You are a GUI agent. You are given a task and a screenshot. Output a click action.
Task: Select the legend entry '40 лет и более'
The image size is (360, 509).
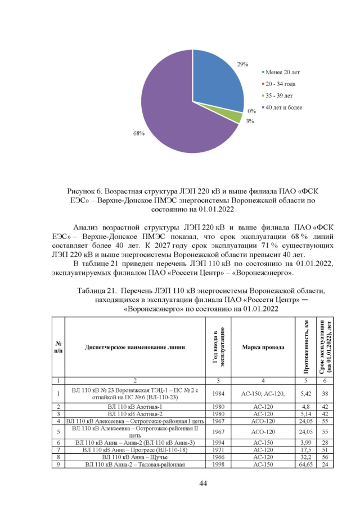click(287, 107)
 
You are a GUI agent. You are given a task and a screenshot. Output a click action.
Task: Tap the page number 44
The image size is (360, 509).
click(180, 483)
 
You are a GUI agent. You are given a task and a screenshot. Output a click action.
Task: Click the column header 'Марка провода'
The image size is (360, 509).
click(263, 347)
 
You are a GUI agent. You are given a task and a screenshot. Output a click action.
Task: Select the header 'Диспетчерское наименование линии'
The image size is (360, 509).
click(134, 347)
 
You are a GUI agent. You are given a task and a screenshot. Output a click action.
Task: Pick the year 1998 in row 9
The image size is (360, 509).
click(219, 465)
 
